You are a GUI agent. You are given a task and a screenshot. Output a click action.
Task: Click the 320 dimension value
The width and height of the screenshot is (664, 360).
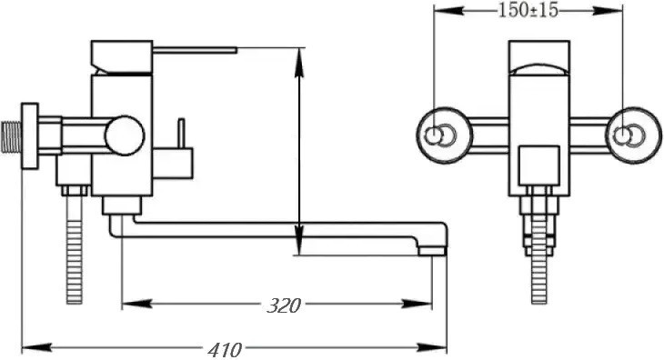click(284, 305)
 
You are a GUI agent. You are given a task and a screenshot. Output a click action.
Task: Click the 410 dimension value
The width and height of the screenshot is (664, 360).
click(225, 350)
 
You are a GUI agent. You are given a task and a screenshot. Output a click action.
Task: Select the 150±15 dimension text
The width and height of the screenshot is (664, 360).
click(528, 10)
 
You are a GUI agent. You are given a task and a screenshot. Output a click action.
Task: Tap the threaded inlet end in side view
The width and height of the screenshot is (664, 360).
click(11, 136)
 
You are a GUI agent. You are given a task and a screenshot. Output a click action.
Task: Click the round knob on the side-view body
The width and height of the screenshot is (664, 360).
click(125, 135)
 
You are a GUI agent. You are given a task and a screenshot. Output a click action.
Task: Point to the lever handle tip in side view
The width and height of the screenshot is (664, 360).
click(236, 50)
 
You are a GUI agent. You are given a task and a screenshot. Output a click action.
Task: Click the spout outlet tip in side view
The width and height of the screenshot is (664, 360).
click(432, 251)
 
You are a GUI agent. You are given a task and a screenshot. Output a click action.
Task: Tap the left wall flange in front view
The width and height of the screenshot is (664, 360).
click(444, 135)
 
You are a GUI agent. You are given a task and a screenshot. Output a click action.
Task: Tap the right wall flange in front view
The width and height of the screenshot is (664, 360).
click(633, 135)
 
